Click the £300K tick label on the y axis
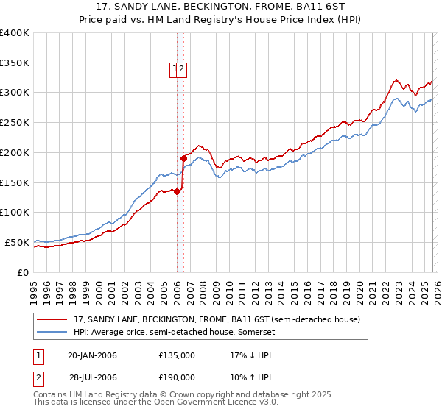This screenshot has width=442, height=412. click(x=15, y=93)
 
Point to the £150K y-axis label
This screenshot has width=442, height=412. click(x=15, y=182)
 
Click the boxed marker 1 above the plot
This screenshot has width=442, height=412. click(x=175, y=70)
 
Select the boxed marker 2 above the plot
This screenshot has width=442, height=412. click(x=181, y=70)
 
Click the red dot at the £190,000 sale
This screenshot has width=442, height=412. click(x=183, y=157)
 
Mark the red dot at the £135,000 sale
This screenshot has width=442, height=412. click(x=177, y=191)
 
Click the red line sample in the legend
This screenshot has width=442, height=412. click(x=53, y=319)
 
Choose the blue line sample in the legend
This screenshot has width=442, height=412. click(x=53, y=332)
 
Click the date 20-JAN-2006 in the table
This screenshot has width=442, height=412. click(x=92, y=355)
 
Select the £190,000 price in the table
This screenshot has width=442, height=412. click(x=177, y=377)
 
